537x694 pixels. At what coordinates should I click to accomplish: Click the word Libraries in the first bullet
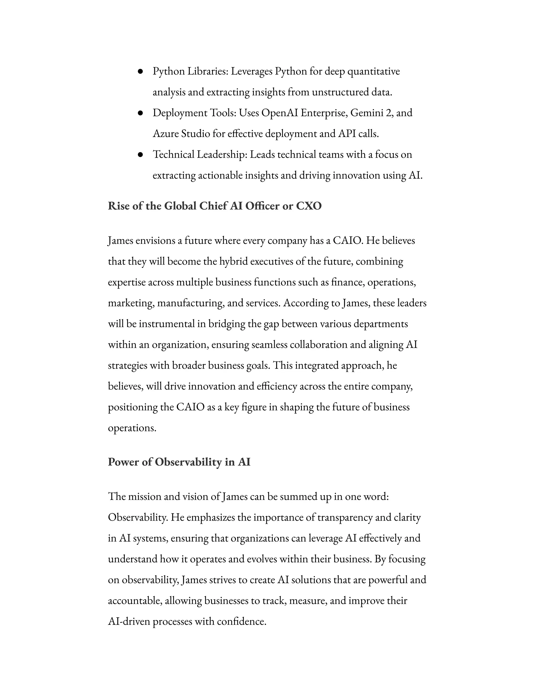coord(207,71)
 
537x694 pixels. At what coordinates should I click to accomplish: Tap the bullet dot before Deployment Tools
coord(140,113)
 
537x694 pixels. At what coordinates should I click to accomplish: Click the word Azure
coord(165,134)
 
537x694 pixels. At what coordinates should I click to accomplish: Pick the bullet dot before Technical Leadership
coord(140,155)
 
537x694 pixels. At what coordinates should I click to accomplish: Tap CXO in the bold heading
coord(309,206)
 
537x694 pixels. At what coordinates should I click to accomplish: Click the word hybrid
coord(234,261)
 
